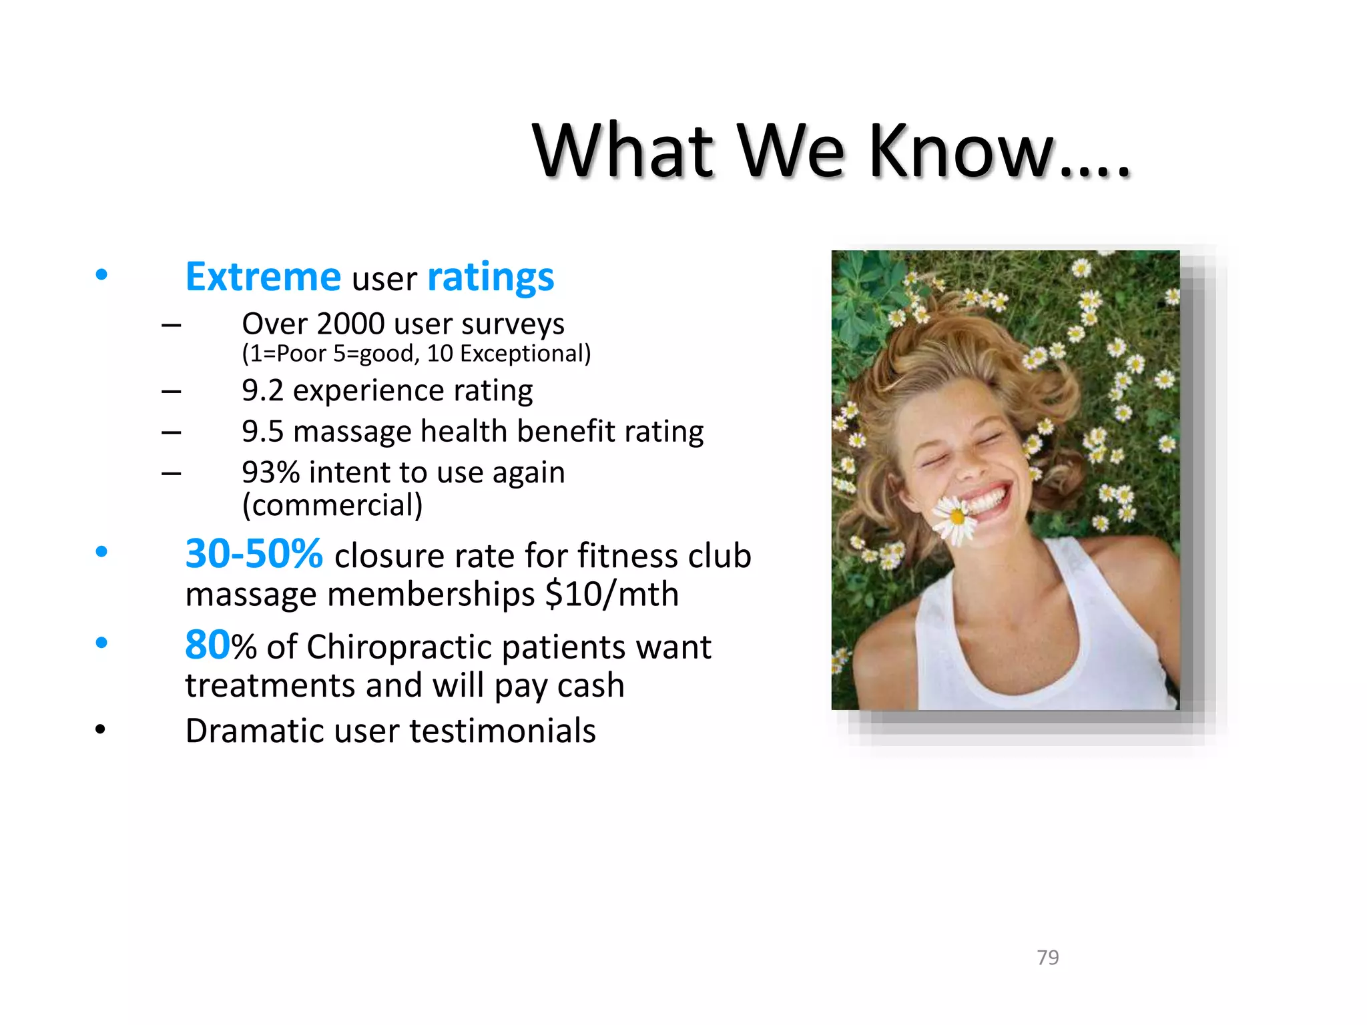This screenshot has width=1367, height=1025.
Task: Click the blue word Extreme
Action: coord(263,278)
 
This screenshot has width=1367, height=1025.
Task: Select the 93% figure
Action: coord(270,473)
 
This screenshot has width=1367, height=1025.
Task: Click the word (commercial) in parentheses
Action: coord(332,505)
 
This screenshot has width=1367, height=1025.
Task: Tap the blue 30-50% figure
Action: coord(254,554)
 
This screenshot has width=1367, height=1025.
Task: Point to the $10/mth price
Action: coord(611,594)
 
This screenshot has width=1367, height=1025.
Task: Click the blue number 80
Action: coord(207,645)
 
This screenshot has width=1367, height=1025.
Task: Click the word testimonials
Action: coord(502,731)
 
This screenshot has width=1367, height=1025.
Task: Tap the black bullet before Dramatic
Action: coord(100,730)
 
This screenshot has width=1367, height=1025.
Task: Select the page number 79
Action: coord(1047,958)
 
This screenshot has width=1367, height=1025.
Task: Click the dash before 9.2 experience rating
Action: coord(171,392)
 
